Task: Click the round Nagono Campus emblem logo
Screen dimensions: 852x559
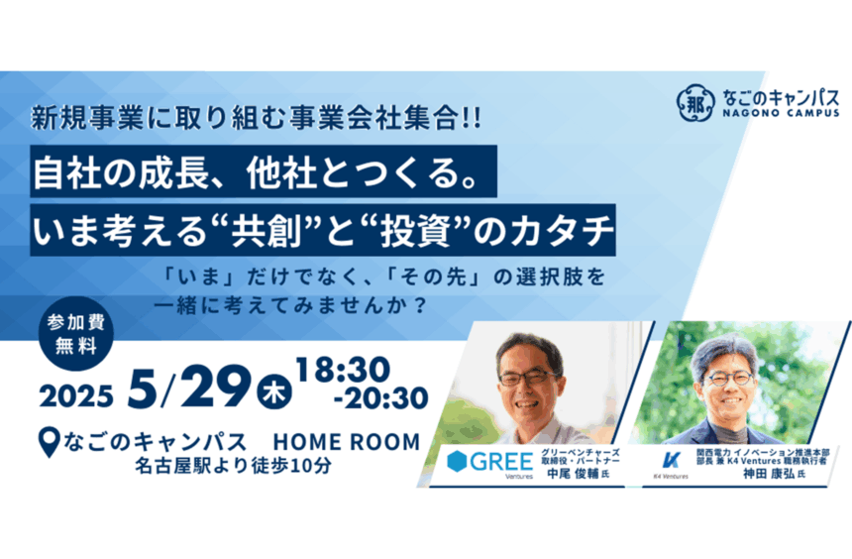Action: [x=694, y=102]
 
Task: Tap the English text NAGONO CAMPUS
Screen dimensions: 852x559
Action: [x=781, y=113]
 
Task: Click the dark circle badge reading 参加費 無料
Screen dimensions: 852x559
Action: [x=76, y=334]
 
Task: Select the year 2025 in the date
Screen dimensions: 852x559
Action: [x=76, y=395]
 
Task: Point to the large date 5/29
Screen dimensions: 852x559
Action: [x=189, y=387]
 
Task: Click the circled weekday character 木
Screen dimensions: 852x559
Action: [x=274, y=392]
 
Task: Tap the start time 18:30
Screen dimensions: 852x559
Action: [x=344, y=370]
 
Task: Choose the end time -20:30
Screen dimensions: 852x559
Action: [x=380, y=398]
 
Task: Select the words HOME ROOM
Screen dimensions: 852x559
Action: [x=347, y=442]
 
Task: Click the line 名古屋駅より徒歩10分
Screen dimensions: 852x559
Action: [x=233, y=466]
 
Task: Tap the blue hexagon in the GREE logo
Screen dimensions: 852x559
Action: [x=457, y=461]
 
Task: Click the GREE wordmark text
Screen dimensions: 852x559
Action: [x=501, y=462]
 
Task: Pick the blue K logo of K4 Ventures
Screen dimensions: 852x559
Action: [x=672, y=460]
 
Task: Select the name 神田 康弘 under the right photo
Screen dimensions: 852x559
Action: [x=769, y=474]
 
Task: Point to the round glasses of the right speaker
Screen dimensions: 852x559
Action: [x=728, y=378]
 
